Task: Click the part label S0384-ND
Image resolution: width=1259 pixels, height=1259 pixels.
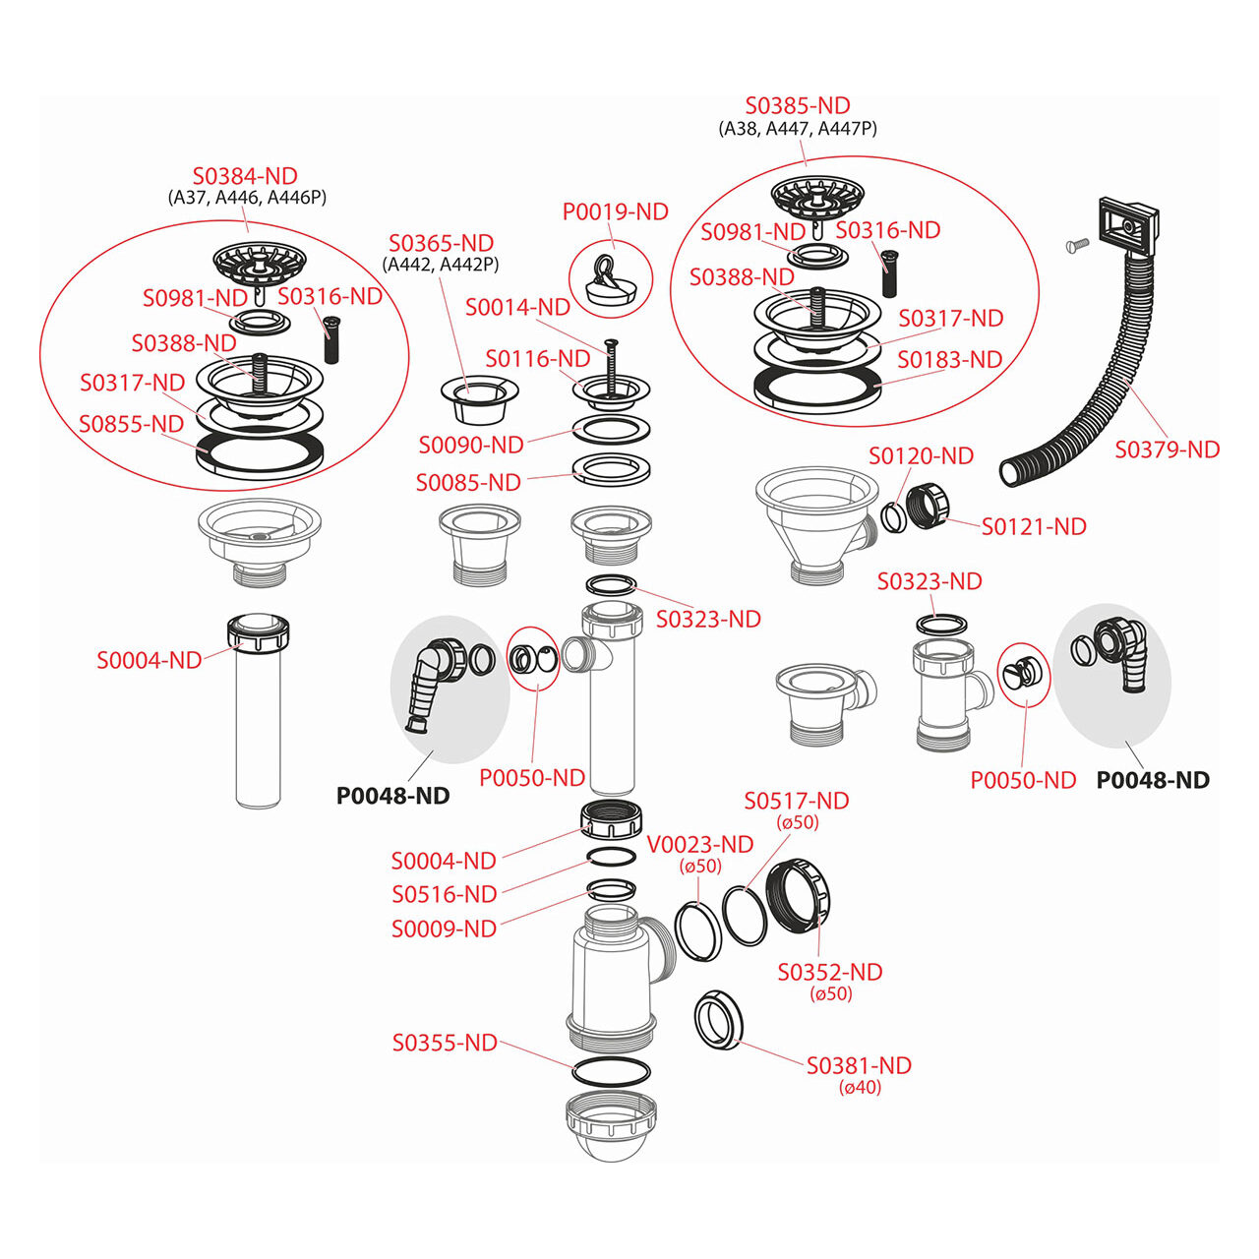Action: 245,176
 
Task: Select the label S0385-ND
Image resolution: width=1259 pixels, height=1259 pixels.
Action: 798,105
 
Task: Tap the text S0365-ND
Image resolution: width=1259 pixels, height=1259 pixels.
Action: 441,243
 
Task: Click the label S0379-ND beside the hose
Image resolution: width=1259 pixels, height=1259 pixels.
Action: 1167,450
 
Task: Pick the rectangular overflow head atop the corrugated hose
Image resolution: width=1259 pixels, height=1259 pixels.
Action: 1128,225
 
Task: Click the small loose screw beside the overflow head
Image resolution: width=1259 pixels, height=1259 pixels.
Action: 1077,245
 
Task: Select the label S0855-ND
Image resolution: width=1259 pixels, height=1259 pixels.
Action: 132,424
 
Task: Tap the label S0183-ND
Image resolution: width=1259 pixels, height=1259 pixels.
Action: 949,359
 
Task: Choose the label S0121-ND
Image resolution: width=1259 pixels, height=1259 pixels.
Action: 1034,526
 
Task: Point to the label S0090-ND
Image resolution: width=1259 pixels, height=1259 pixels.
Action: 471,445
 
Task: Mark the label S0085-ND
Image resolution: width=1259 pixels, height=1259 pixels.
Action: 468,483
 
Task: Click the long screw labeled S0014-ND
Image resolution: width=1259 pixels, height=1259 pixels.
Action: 610,367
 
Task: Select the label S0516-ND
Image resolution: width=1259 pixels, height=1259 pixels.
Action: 445,894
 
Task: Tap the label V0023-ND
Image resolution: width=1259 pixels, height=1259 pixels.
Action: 700,845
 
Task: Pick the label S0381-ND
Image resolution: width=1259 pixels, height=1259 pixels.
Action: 859,1065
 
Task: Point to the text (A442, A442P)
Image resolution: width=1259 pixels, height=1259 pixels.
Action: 441,265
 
